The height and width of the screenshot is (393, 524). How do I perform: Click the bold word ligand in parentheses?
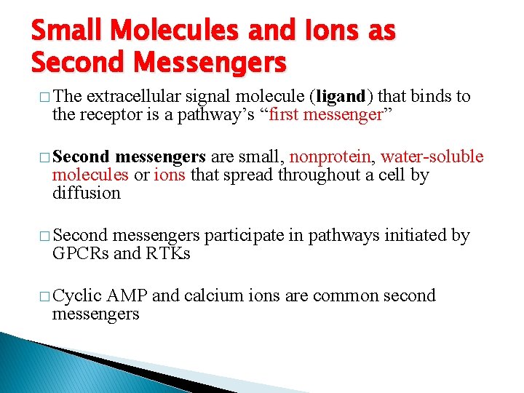[x=341, y=96]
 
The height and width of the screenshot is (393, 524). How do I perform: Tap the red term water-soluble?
[x=432, y=157]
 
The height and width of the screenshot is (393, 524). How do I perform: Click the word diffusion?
[x=86, y=193]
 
